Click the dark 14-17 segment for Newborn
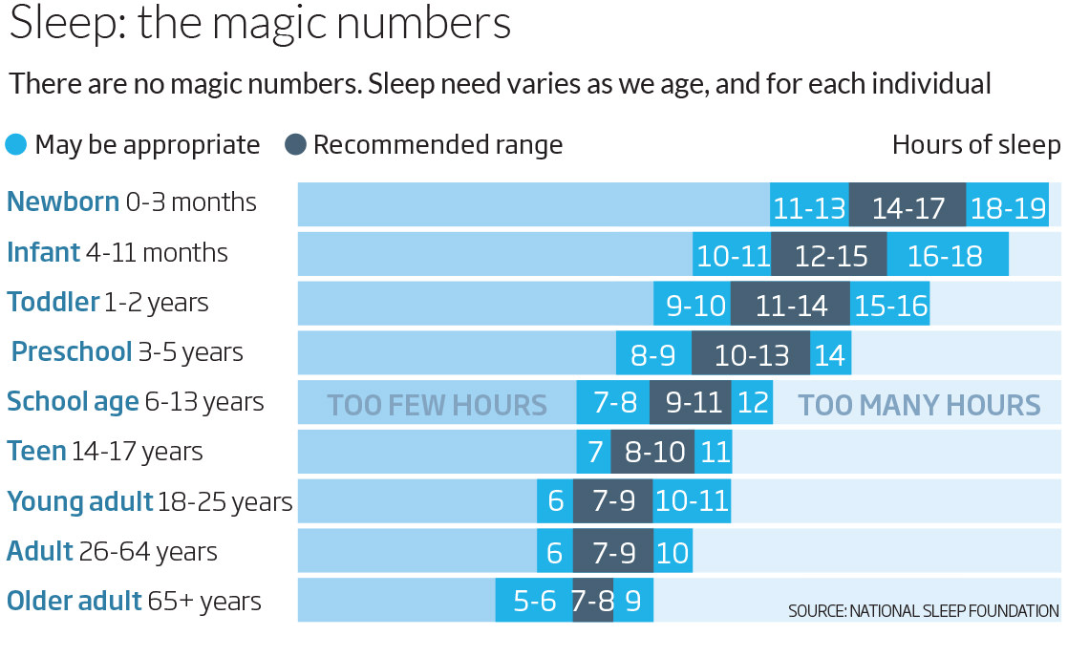click(x=908, y=204)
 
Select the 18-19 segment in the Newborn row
click(x=1008, y=204)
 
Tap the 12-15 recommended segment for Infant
click(x=829, y=254)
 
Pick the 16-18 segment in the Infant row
click(x=948, y=254)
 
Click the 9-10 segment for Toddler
click(x=692, y=304)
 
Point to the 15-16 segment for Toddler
click(x=889, y=304)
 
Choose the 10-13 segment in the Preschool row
click(x=751, y=352)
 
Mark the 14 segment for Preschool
click(x=830, y=352)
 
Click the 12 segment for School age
click(x=752, y=402)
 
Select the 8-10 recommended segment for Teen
click(x=652, y=452)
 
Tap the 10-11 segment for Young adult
click(x=692, y=501)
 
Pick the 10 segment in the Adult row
click(x=673, y=551)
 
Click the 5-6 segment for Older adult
click(x=534, y=601)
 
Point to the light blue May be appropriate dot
click(x=15, y=144)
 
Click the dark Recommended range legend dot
click(x=295, y=144)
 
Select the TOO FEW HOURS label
click(x=437, y=405)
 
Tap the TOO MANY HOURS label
click(x=920, y=405)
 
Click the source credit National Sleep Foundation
click(x=924, y=611)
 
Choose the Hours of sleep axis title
click(x=976, y=145)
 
